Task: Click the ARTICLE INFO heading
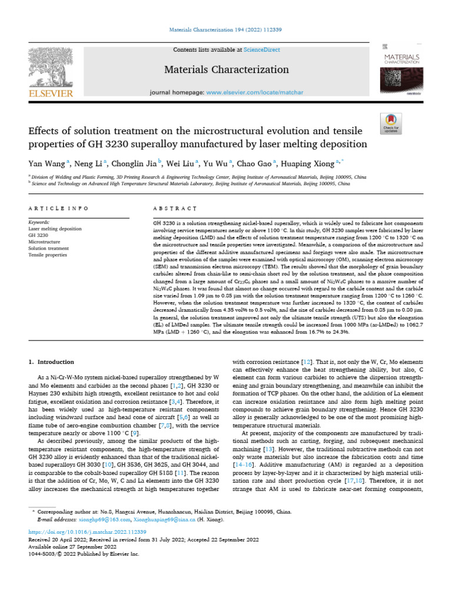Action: pyautogui.click(x=58, y=208)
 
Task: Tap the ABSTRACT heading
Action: pyautogui.click(x=174, y=208)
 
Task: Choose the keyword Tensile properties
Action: pyautogui.click(x=48, y=255)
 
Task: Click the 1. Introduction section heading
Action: pyautogui.click(x=53, y=362)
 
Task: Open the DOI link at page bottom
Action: pyautogui.click(x=87, y=531)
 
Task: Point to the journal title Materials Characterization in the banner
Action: pyautogui.click(x=226, y=70)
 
